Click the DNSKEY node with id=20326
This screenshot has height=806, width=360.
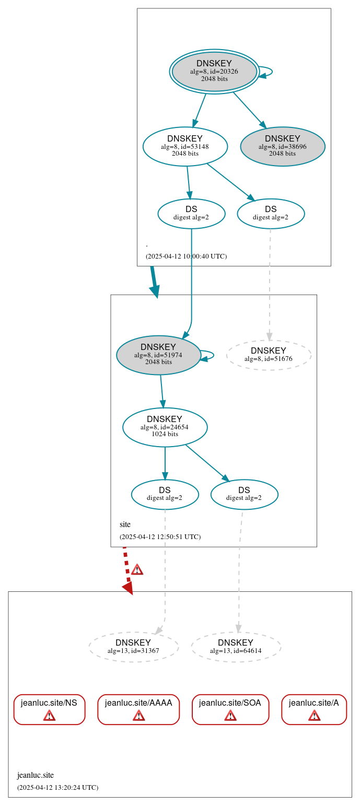pos(214,72)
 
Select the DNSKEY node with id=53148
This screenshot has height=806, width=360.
pos(185,146)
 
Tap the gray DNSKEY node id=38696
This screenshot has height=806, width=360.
pos(283,146)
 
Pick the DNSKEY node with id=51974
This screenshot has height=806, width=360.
pos(158,355)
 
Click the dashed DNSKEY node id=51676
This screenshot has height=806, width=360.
pos(269,355)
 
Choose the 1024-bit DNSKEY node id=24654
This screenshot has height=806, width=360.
pos(165,427)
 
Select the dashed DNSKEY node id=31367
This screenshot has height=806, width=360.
pos(133,647)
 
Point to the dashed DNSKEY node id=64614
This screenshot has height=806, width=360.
pos(236,647)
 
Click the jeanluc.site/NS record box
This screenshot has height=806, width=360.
pos(49,709)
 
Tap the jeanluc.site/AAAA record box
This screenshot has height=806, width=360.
pos(138,709)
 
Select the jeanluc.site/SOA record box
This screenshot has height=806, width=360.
pos(230,709)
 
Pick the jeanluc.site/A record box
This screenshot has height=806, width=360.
pos(314,709)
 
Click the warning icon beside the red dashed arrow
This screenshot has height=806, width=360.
pos(137,569)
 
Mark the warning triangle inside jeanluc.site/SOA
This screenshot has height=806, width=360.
pos(230,715)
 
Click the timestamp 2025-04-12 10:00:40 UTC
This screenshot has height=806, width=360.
pos(186,256)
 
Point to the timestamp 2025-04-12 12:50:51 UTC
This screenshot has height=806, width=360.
pos(160,536)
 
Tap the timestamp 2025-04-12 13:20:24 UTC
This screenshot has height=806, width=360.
pos(57,787)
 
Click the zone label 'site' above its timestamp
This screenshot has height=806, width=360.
pos(125,524)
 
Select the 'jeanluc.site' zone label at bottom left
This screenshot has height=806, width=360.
pos(36,775)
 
